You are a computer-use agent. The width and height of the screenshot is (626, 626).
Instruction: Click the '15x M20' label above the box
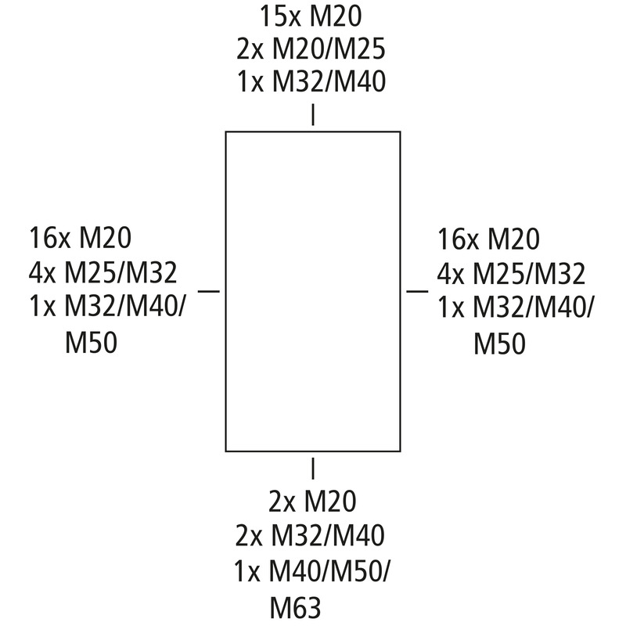(311, 16)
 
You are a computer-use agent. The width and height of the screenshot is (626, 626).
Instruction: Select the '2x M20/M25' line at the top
(311, 49)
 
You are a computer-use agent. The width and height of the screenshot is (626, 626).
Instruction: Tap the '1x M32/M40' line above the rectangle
(311, 81)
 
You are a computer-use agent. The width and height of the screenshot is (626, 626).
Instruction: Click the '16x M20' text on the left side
(81, 238)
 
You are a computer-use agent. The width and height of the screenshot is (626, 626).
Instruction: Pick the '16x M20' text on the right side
(488, 239)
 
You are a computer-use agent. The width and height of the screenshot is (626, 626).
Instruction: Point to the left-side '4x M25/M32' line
(103, 273)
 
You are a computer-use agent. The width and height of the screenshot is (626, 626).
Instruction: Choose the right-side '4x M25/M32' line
(511, 274)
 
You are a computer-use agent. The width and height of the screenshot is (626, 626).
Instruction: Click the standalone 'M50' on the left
(91, 343)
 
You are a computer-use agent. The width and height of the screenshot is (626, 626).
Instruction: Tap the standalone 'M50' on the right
(499, 344)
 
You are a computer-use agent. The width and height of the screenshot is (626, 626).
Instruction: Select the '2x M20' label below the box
(312, 502)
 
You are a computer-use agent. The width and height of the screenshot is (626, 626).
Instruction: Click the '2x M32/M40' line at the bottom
(310, 536)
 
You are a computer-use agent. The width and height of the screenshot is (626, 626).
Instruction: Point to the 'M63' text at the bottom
(296, 608)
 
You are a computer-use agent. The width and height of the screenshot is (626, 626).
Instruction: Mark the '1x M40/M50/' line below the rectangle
(312, 571)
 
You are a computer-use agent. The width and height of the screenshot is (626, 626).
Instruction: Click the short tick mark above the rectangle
(313, 114)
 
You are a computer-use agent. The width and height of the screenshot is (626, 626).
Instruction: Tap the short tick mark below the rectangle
(313, 468)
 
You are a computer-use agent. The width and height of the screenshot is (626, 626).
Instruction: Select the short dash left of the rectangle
(209, 291)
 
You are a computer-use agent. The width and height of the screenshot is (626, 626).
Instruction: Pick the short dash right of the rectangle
(417, 291)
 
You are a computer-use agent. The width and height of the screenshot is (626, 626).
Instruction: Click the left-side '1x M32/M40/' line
(108, 308)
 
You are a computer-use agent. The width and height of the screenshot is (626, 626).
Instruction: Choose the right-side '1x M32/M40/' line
(516, 308)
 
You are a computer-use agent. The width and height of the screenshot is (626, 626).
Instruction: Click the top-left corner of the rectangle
(226, 131)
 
